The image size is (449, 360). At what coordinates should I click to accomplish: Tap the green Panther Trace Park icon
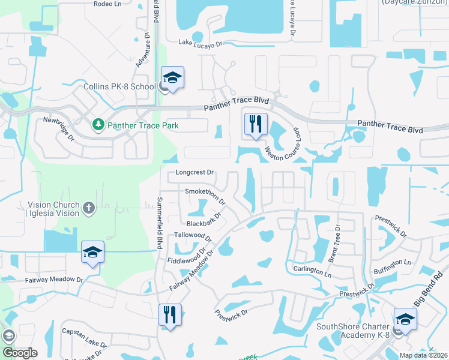(x=98, y=125)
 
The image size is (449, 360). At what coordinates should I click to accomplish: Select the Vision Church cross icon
(x=89, y=208)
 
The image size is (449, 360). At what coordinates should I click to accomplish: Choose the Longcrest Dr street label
(x=194, y=172)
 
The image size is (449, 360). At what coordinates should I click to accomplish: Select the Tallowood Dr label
(x=193, y=236)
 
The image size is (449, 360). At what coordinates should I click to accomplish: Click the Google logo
(x=19, y=353)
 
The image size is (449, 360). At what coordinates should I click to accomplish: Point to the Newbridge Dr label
(x=58, y=128)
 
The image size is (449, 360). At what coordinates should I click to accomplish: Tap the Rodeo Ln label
(x=108, y=4)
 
